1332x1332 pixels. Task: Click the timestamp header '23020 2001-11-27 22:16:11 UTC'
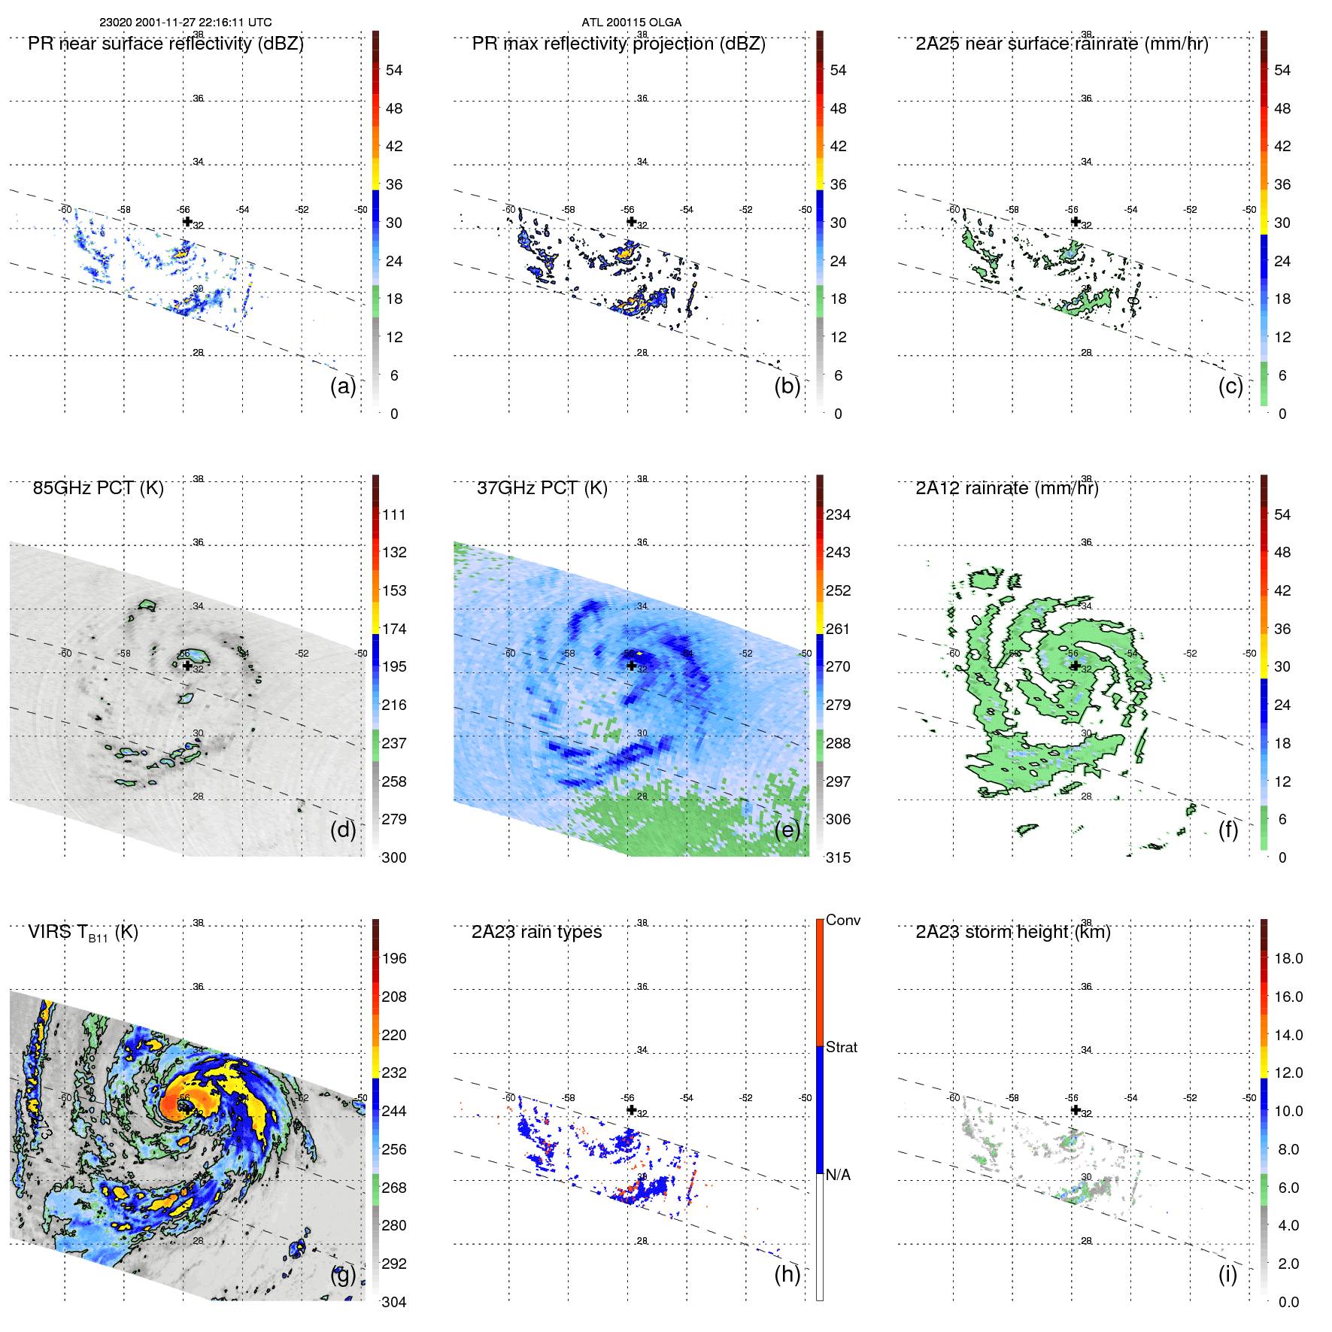pyautogui.click(x=186, y=23)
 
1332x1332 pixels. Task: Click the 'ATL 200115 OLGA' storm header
pyautogui.click(x=631, y=23)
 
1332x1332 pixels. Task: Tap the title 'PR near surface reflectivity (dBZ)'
pyautogui.click(x=165, y=44)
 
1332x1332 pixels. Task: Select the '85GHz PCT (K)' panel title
pyautogui.click(x=98, y=488)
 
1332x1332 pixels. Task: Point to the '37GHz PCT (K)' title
pyautogui.click(x=542, y=488)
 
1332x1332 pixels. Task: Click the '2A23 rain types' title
pyautogui.click(x=536, y=932)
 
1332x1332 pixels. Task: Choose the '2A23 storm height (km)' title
pyautogui.click(x=1012, y=932)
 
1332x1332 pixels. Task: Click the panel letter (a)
pyautogui.click(x=343, y=386)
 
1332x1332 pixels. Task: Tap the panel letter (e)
pyautogui.click(x=787, y=830)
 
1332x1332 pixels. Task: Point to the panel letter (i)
pyautogui.click(x=1227, y=1274)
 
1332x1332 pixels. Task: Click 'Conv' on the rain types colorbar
pyautogui.click(x=843, y=920)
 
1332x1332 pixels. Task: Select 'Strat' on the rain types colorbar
pyautogui.click(x=842, y=1047)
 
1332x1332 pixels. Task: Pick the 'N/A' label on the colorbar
pyautogui.click(x=838, y=1175)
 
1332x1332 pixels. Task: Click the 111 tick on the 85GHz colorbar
pyautogui.click(x=394, y=514)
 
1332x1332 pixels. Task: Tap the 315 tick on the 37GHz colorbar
pyautogui.click(x=838, y=857)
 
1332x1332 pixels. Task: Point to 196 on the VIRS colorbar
pyautogui.click(x=394, y=958)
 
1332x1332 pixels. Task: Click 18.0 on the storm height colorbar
pyautogui.click(x=1288, y=958)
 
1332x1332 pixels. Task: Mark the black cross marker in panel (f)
pyautogui.click(x=1076, y=666)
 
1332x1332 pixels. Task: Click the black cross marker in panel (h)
pyautogui.click(x=631, y=1109)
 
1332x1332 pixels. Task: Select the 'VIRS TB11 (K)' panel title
pyautogui.click(x=83, y=933)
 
